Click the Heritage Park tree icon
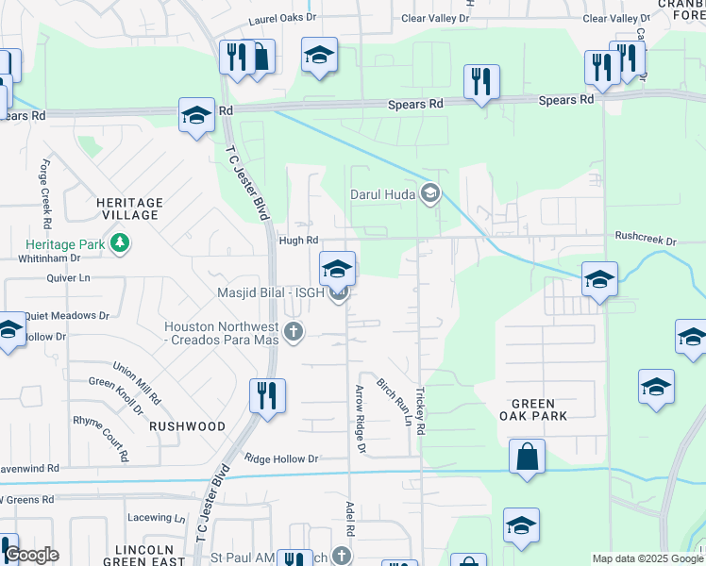pyautogui.click(x=119, y=244)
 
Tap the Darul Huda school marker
pyautogui.click(x=430, y=194)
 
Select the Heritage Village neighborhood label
pyautogui.click(x=130, y=208)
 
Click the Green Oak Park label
pyautogui.click(x=533, y=409)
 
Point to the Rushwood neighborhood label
pyautogui.click(x=187, y=426)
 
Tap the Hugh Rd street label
pyautogui.click(x=298, y=241)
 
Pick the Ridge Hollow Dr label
pyautogui.click(x=281, y=458)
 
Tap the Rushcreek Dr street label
pyautogui.click(x=646, y=241)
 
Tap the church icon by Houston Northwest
pyautogui.click(x=294, y=331)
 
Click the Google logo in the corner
pyautogui.click(x=31, y=555)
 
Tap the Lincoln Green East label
pyautogui.click(x=143, y=555)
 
